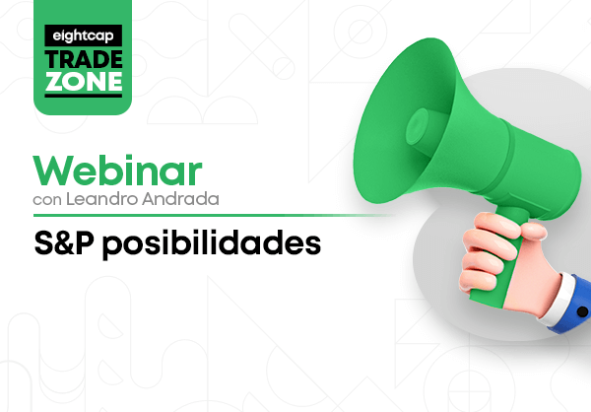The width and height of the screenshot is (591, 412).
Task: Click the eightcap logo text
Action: pyautogui.click(x=83, y=36)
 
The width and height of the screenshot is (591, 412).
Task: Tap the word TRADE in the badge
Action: pyautogui.click(x=84, y=59)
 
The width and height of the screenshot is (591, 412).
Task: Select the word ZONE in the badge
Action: pyautogui.click(x=84, y=81)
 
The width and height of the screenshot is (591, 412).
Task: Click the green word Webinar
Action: pyautogui.click(x=117, y=171)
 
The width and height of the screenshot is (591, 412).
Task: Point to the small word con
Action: pyautogui.click(x=47, y=200)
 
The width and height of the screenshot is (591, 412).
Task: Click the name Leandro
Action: pyautogui.click(x=102, y=199)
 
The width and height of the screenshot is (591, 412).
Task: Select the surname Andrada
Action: pyautogui.click(x=180, y=199)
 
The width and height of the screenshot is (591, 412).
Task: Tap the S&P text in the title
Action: pyautogui.click(x=64, y=243)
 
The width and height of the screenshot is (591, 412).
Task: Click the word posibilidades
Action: pyautogui.click(x=212, y=244)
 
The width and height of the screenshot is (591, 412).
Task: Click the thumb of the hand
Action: pyautogui.click(x=533, y=230)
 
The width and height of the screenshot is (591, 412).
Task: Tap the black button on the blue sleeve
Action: pyautogui.click(x=582, y=311)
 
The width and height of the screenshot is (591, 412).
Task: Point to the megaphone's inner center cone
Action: pyautogui.click(x=418, y=126)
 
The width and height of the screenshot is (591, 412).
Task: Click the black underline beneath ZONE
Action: pyautogui.click(x=84, y=96)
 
